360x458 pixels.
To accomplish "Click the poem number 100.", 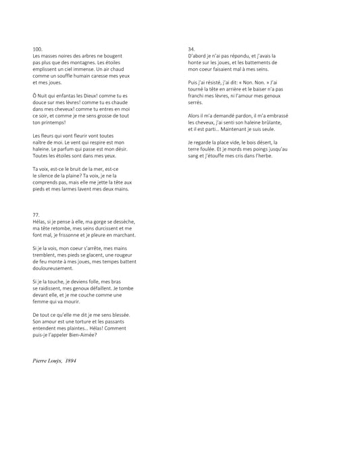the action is pyautogui.click(x=37, y=50).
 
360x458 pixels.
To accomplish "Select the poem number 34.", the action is pyautogui.click(x=191, y=50).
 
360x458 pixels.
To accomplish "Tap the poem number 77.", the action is pyautogui.click(x=35, y=215).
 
